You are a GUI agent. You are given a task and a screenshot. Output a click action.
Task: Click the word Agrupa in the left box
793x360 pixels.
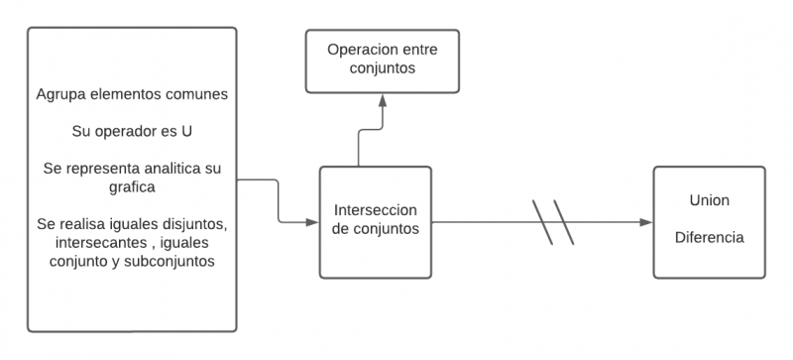[x=60, y=95]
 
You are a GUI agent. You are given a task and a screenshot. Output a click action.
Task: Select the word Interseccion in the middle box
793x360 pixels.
[x=376, y=211]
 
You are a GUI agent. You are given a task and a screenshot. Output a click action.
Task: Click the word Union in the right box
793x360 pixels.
[x=709, y=201]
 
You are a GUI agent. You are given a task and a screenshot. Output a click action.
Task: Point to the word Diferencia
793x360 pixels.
[x=709, y=238]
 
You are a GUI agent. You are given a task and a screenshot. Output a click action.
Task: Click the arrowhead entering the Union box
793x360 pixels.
[x=646, y=222]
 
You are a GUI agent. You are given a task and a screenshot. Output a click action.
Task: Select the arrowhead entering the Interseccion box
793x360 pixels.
[x=312, y=221]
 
